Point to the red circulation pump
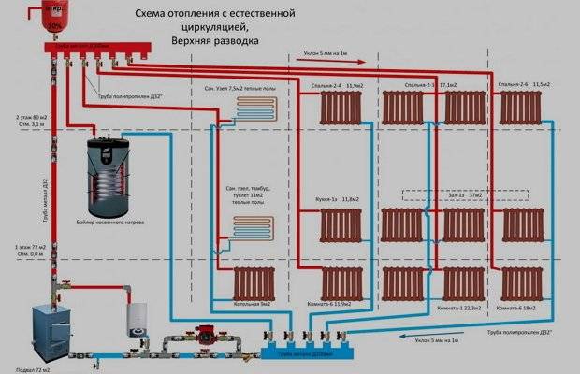[201, 331]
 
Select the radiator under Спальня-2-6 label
[520, 108]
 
